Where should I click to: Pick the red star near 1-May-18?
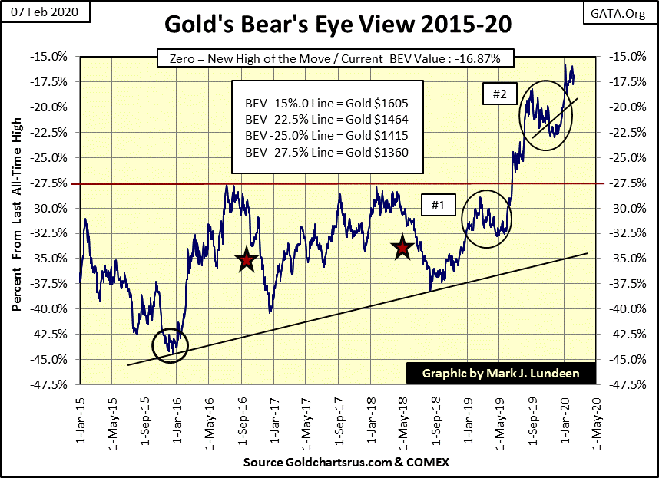click(x=402, y=248)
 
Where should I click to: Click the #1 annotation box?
click(x=439, y=205)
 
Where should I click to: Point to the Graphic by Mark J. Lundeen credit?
click(x=500, y=374)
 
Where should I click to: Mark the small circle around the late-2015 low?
click(x=170, y=345)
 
